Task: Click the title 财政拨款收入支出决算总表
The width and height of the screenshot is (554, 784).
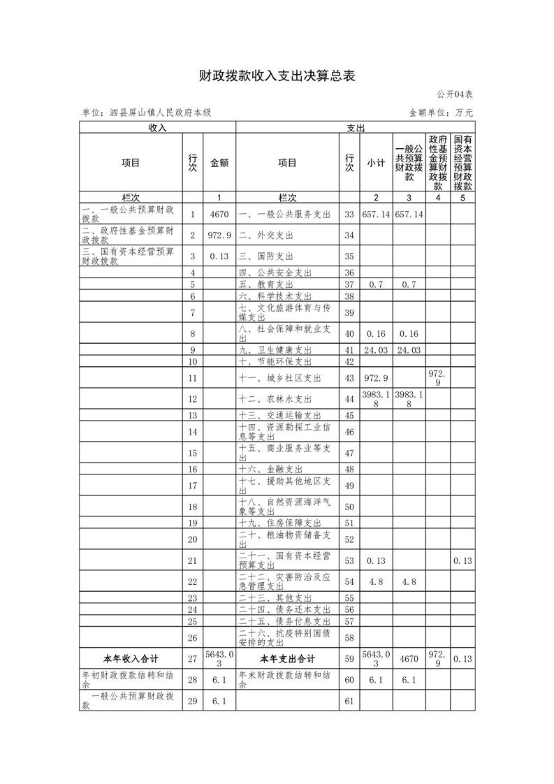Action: [x=277, y=76]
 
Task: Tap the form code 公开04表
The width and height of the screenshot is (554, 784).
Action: [x=455, y=94]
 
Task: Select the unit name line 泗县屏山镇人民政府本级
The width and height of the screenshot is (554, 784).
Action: [x=146, y=112]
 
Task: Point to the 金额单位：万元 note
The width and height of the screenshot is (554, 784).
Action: [x=441, y=112]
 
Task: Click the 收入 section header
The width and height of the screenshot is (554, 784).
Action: [x=157, y=128]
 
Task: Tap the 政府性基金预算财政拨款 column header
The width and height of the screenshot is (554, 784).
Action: [x=438, y=163]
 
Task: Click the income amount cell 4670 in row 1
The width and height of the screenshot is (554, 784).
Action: [x=219, y=215]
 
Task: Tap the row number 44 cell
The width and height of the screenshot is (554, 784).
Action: [x=350, y=399]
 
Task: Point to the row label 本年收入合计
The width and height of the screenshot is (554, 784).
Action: [x=131, y=659]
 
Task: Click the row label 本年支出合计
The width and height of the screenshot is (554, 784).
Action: [x=287, y=659]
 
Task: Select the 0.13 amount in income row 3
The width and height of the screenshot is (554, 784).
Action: [x=219, y=256]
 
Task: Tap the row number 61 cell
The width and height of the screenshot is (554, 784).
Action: [x=350, y=700]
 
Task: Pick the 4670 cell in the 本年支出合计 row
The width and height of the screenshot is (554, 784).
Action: [x=409, y=659]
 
